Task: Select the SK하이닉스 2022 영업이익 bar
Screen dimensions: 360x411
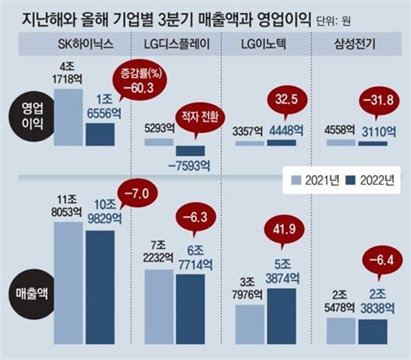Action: pyautogui.click(x=99, y=134)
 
